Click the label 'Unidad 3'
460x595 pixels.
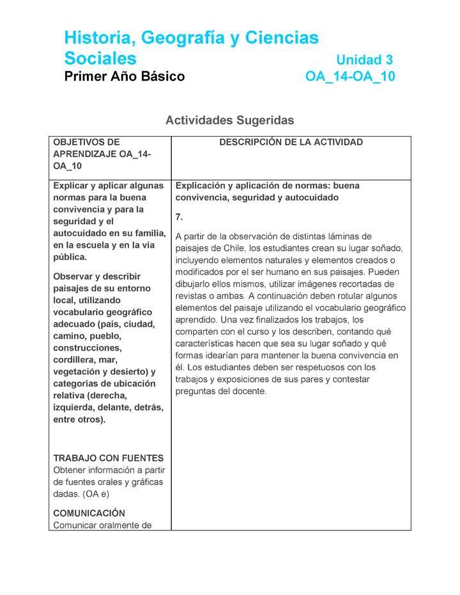pos(364,60)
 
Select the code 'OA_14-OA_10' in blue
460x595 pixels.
pos(350,77)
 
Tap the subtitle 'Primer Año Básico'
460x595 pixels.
pos(125,77)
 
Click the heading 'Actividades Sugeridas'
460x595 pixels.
pos(229,120)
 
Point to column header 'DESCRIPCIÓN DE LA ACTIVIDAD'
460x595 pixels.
pos(291,142)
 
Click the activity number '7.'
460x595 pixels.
pos(180,216)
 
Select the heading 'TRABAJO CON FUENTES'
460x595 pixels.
pos(109,458)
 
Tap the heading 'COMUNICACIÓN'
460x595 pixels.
pos(89,513)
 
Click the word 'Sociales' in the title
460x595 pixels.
pos(100,59)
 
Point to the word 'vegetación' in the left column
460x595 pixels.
pos(76,372)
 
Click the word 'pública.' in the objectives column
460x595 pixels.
pos(70,257)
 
